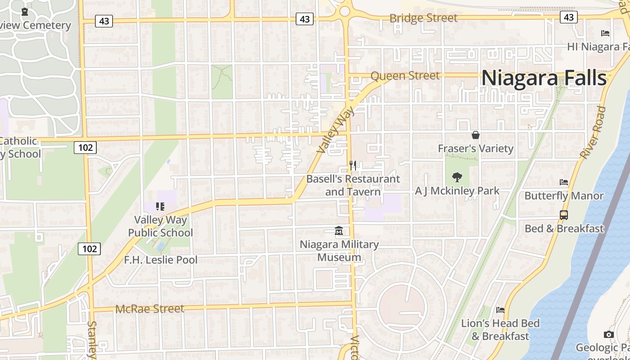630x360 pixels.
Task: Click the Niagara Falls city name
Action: (544, 78)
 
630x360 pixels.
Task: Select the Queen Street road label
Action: (405, 76)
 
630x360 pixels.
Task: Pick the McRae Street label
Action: (150, 309)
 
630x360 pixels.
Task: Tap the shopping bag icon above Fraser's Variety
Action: (475, 135)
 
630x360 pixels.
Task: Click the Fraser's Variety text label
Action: (476, 148)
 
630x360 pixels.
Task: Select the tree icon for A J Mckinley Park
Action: (457, 177)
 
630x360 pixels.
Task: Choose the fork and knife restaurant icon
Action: (353, 166)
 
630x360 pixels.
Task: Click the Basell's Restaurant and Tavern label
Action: (353, 185)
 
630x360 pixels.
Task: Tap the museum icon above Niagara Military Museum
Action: (339, 231)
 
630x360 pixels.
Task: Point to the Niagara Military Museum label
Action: (339, 251)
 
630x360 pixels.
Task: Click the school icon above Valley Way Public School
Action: (160, 207)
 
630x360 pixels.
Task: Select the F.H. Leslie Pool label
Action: (161, 260)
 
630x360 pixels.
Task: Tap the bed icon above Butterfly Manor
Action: (564, 182)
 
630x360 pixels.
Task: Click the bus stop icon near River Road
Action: (564, 215)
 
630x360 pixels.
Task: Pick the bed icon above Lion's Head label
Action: (500, 310)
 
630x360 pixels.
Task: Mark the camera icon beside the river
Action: (608, 334)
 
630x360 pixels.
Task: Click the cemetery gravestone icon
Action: (25, 12)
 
